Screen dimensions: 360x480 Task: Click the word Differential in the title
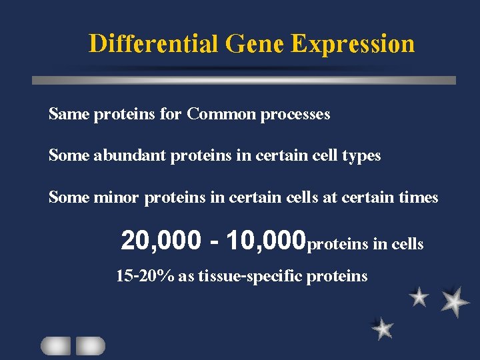point(154,44)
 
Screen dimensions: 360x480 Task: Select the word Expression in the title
point(353,44)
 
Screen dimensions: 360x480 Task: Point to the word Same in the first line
point(69,114)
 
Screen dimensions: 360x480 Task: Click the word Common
point(221,114)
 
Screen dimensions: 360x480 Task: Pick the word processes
point(295,115)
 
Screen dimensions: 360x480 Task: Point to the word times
point(418,197)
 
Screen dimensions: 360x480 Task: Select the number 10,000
point(265,241)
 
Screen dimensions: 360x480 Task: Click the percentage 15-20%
point(145,275)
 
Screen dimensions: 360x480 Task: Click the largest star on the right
point(455,301)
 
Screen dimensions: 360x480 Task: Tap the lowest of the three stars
point(383,328)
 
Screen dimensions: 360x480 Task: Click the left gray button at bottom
point(55,345)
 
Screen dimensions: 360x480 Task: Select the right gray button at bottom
point(90,345)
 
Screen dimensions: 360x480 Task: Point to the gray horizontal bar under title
point(244,80)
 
